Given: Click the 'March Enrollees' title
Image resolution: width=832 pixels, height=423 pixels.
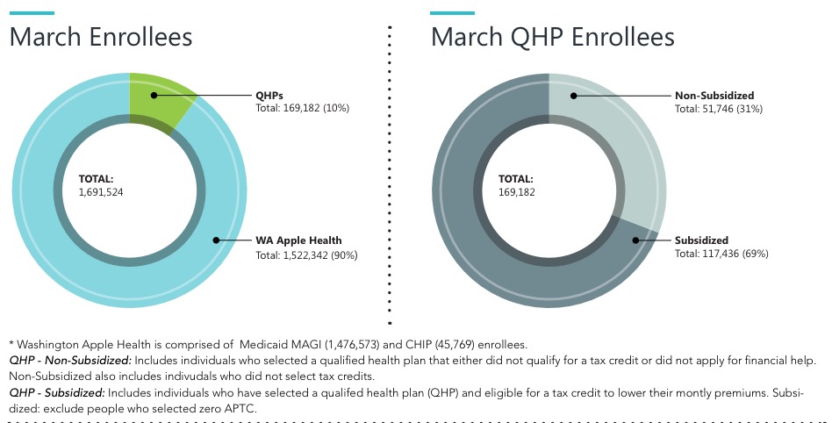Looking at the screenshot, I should click(101, 37).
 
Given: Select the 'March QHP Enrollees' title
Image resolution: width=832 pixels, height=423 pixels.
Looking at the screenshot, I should click(552, 37).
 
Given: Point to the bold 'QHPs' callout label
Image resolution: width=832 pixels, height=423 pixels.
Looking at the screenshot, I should click(269, 95).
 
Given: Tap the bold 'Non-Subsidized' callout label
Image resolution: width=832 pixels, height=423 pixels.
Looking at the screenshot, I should click(714, 95).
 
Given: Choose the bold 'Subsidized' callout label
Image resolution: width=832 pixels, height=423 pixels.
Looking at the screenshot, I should click(701, 240).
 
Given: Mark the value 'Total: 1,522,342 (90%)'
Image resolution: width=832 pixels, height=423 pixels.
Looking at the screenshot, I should click(307, 255).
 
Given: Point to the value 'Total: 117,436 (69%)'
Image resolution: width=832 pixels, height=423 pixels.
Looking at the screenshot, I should click(721, 254).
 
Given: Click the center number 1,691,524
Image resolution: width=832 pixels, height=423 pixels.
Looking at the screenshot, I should click(101, 191).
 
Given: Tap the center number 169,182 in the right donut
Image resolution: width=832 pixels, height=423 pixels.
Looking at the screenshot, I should click(517, 191).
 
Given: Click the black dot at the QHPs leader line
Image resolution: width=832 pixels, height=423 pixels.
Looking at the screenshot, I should click(153, 94).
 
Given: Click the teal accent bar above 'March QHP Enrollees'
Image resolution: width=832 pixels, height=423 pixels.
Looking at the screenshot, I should click(452, 13).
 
